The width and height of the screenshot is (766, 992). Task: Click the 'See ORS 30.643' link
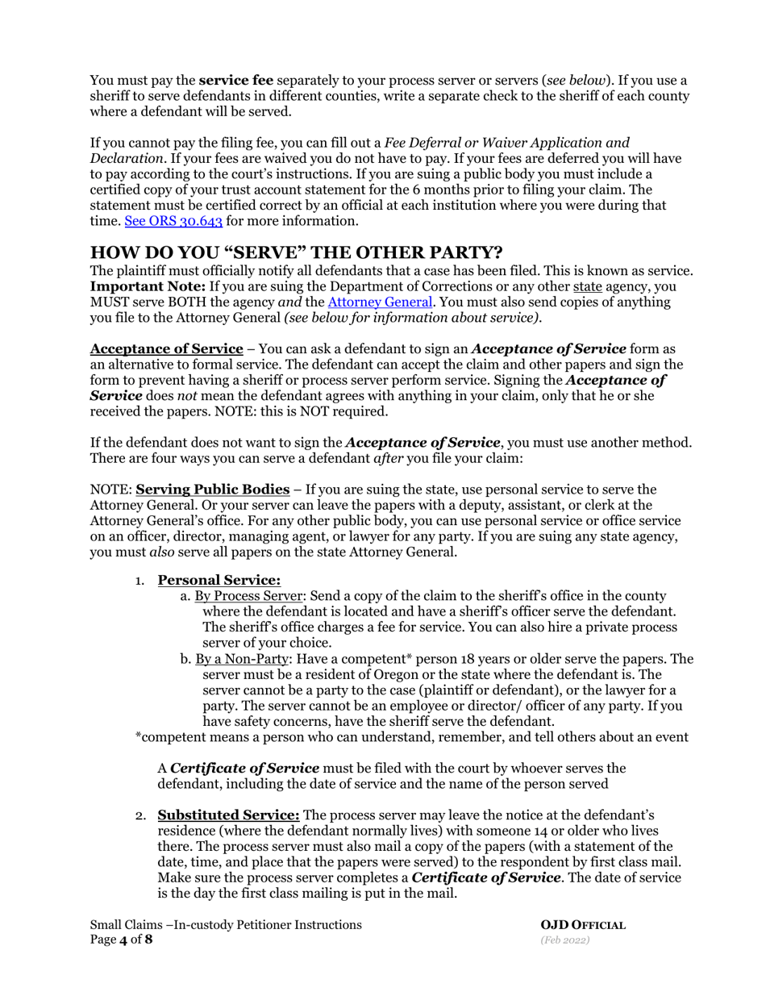pos(172,220)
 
